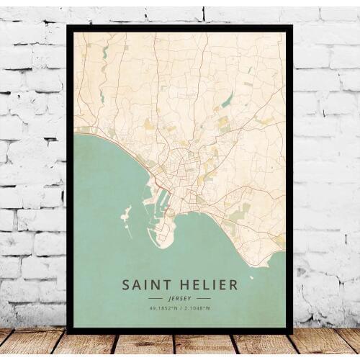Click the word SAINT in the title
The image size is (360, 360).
click(147, 285)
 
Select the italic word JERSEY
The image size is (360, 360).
click(179, 298)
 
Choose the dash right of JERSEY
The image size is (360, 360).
click(204, 298)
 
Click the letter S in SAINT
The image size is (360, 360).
click(126, 285)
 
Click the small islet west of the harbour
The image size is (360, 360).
click(126, 214)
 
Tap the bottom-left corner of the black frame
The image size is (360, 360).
click(68, 333)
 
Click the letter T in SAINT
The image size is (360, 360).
click(167, 285)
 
